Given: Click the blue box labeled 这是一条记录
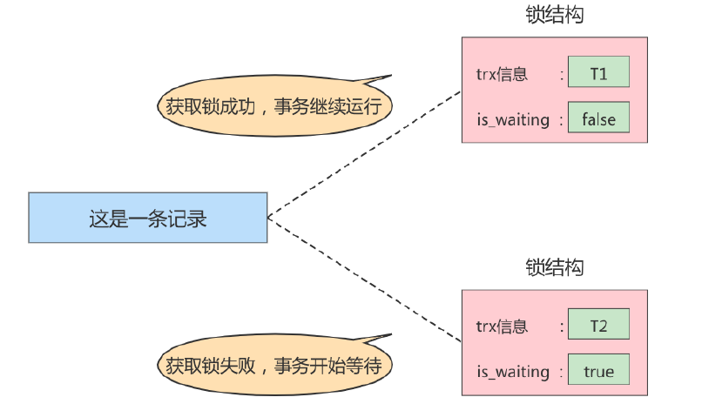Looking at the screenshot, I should [x=147, y=218].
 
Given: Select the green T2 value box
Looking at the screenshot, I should [x=597, y=327].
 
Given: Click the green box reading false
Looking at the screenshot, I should [x=597, y=119].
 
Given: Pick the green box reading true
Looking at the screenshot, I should [x=597, y=372].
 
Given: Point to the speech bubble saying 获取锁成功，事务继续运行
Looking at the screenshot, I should [x=275, y=106].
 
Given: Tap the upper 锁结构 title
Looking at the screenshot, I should [x=554, y=15].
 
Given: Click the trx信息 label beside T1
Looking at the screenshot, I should [x=502, y=74].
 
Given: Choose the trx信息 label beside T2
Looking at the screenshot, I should [x=502, y=327].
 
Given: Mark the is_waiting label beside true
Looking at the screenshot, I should [x=514, y=373].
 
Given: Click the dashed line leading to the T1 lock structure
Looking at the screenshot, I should [x=366, y=153].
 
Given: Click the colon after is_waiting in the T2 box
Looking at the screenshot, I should [x=562, y=373].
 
